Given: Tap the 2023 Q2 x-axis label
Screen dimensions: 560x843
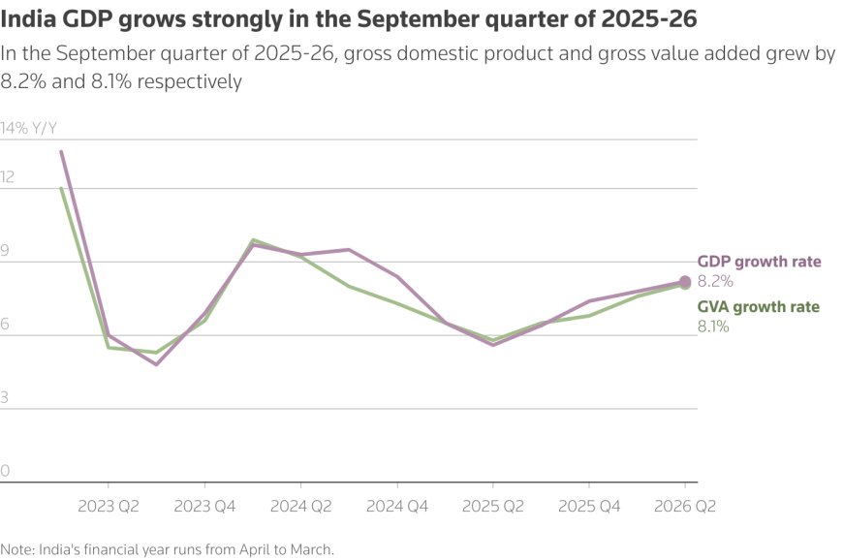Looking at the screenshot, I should coord(108,506).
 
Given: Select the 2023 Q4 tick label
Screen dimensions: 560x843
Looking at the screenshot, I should coord(203,506).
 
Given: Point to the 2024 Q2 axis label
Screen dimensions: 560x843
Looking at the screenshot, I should coord(300,506).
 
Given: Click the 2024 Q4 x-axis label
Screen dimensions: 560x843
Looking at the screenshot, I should coord(397,506).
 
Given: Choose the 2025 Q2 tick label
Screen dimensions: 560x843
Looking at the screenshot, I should coord(493,506).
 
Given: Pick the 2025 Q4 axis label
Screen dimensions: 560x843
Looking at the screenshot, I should coord(590,506).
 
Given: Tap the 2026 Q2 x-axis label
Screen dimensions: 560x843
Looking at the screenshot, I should coord(686,506).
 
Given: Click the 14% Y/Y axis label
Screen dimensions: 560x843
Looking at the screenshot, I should coord(28,128).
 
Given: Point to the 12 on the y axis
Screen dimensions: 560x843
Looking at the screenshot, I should coord(8,177).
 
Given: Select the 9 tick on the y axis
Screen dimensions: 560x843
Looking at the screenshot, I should coord(5,251).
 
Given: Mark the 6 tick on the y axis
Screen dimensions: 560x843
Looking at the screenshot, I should coord(5,325).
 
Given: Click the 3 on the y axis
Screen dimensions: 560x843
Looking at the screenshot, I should coord(5,398).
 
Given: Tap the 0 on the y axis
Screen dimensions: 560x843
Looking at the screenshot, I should coord(5,472).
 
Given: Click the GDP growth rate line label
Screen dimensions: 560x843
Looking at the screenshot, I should coord(759,262).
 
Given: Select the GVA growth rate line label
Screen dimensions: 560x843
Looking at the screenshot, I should coord(759,307).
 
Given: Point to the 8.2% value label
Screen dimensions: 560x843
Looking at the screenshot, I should coord(715,281).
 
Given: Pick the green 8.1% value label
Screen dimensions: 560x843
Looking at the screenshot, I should coord(713,327).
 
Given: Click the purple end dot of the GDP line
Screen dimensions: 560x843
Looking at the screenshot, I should coord(686,282).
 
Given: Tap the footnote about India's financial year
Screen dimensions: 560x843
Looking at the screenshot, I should coord(167,549).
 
